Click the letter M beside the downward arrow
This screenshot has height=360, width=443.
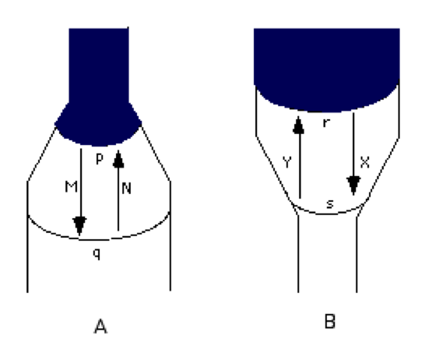click(71, 187)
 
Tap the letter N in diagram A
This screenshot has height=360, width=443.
click(127, 189)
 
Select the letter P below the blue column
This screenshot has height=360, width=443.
click(99, 159)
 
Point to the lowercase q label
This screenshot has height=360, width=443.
click(97, 254)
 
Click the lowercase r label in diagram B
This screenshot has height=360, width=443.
click(326, 123)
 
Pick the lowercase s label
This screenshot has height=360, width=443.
click(329, 203)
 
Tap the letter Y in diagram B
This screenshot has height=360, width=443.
click(287, 162)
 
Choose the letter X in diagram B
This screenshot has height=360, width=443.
click(364, 162)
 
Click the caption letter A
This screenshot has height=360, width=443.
click(100, 326)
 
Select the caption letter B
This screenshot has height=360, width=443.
click(330, 322)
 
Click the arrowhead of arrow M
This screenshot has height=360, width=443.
click(79, 226)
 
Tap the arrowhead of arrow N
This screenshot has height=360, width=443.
click(118, 159)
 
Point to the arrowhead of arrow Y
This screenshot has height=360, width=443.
click(299, 125)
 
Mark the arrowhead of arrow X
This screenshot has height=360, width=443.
click(353, 185)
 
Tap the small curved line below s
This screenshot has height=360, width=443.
click(329, 213)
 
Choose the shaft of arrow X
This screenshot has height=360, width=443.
click(353, 145)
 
